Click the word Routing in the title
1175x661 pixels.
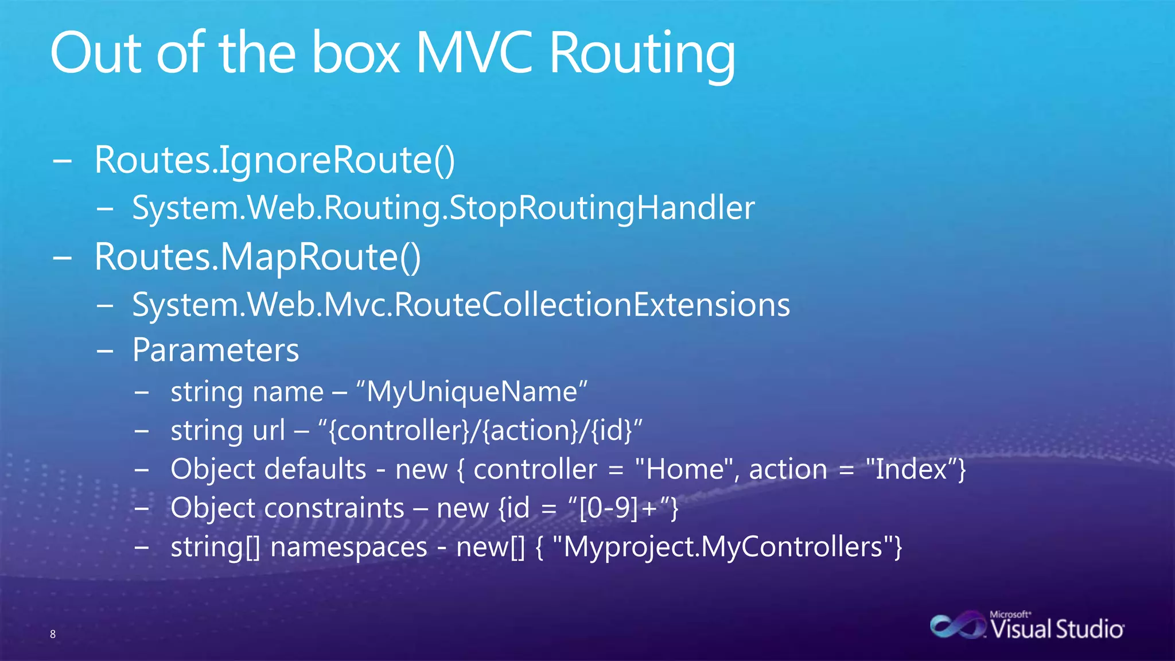[642, 55]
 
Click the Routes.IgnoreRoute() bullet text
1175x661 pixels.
[275, 160]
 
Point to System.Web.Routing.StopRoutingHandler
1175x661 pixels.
[443, 208]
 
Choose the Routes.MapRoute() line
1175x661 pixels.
[258, 257]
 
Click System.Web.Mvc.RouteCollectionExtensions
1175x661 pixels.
[461, 305]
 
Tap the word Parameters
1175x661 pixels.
[216, 350]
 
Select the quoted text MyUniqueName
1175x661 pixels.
[472, 392]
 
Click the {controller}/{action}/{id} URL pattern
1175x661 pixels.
[480, 431]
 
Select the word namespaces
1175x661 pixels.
[348, 547]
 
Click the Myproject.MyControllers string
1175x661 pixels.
[723, 547]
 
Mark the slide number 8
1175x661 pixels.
[53, 634]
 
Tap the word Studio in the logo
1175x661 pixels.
[1090, 629]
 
